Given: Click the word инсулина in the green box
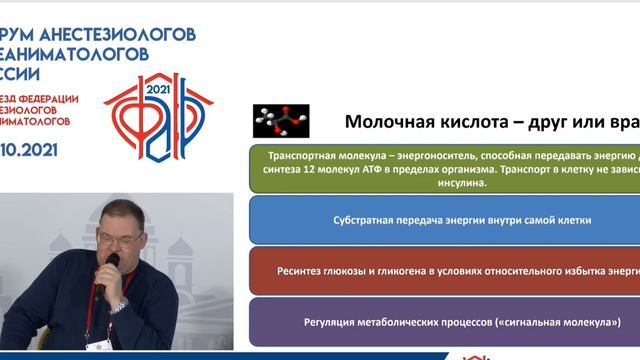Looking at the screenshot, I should pyautogui.click(x=461, y=184).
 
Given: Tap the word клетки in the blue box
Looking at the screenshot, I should pyautogui.click(x=572, y=219).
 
